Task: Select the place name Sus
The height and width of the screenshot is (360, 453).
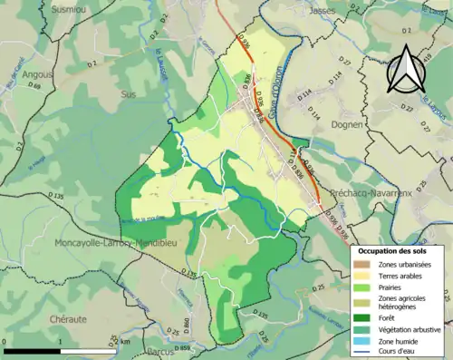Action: [x=129, y=92]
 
